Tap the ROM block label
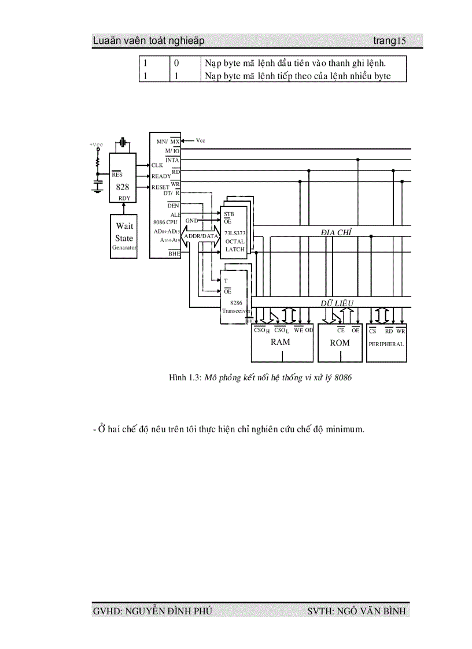coord(340,343)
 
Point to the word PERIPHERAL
coord(386,344)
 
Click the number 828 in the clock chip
coord(123,187)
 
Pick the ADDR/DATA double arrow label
coord(201,236)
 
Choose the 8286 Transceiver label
coord(235,306)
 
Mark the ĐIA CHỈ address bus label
coord(337,232)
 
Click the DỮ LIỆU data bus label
coord(337,303)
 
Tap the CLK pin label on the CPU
coord(157,165)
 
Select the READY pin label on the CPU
coord(161,176)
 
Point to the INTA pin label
coord(172,160)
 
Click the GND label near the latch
coord(191,221)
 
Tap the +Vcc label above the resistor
coord(96,144)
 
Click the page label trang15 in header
coord(389,41)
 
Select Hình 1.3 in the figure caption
coord(184,378)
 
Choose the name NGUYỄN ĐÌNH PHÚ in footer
coord(164,611)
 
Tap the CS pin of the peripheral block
coord(373,331)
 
